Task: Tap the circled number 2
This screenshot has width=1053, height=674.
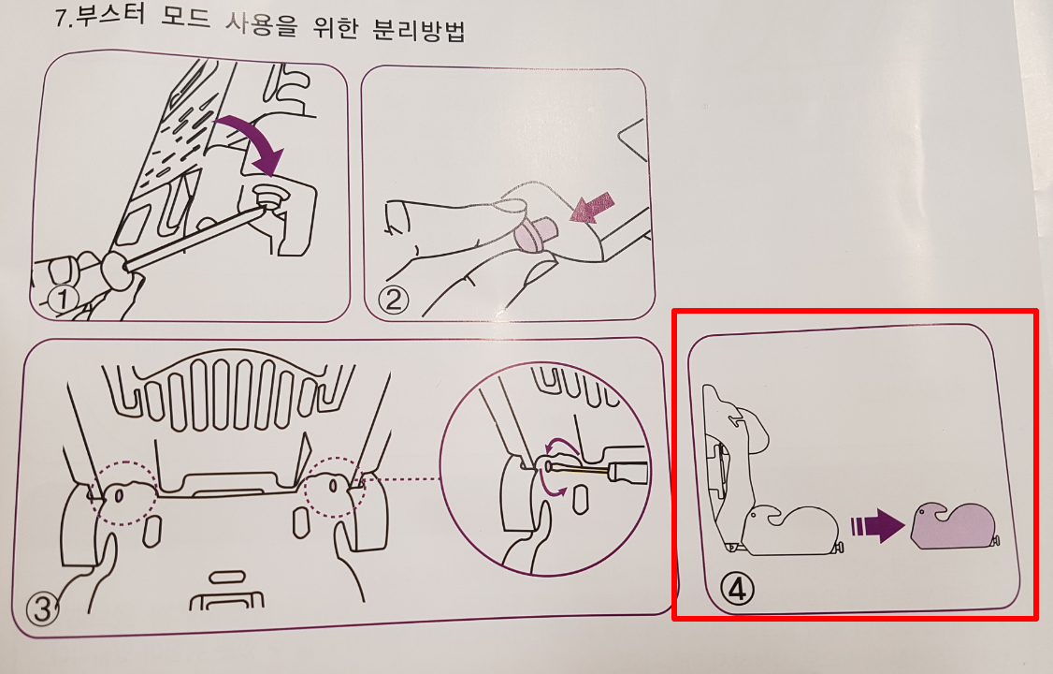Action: click(x=394, y=300)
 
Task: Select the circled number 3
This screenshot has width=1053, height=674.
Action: click(x=42, y=609)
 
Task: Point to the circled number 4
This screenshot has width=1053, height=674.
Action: click(x=737, y=590)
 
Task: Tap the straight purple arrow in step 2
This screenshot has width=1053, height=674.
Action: click(x=592, y=207)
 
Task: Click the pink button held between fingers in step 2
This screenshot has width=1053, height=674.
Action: click(x=534, y=234)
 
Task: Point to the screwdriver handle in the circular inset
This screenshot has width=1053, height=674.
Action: click(x=627, y=471)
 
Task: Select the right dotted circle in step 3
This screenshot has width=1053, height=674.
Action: click(x=335, y=487)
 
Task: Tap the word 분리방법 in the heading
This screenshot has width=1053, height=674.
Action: click(x=418, y=30)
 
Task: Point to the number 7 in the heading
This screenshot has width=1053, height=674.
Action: click(x=62, y=17)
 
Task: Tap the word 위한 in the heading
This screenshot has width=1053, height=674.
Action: click(x=335, y=27)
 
